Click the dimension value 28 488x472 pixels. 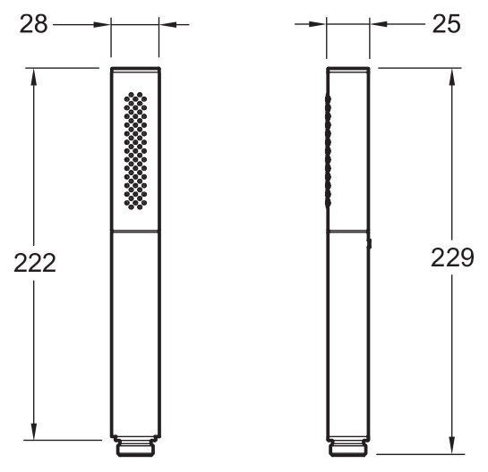[x=33, y=24]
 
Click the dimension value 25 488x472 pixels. [x=445, y=24]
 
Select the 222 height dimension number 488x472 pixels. [x=35, y=262]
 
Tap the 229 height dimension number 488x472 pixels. [x=452, y=258]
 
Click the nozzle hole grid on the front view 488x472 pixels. [x=135, y=149]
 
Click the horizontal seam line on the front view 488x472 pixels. [x=135, y=230]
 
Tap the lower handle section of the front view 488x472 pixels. [x=135, y=331]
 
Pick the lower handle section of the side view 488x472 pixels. [x=348, y=331]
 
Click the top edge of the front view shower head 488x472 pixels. [x=135, y=68]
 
